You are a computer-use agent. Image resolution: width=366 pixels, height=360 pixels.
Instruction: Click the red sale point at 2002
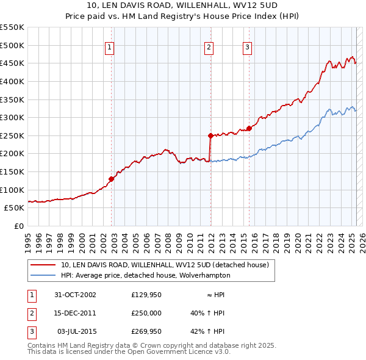[112, 179]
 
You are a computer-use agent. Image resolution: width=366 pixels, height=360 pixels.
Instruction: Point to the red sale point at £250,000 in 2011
[210, 135]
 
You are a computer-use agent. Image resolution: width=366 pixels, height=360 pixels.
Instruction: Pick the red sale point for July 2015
[249, 128]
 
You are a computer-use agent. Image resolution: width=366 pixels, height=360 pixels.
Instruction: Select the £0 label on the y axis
[20, 226]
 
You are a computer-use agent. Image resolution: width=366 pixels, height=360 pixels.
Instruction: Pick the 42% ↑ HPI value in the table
[208, 331]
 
